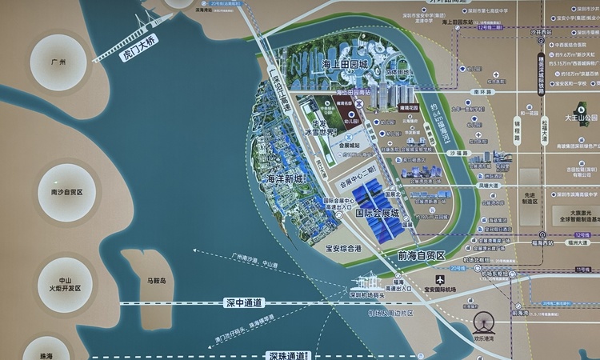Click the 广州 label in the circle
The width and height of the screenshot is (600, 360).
(56, 62)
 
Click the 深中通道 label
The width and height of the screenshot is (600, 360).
(243, 303)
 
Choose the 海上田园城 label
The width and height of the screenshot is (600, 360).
(344, 63)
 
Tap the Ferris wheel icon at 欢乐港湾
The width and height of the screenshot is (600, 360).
(483, 323)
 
